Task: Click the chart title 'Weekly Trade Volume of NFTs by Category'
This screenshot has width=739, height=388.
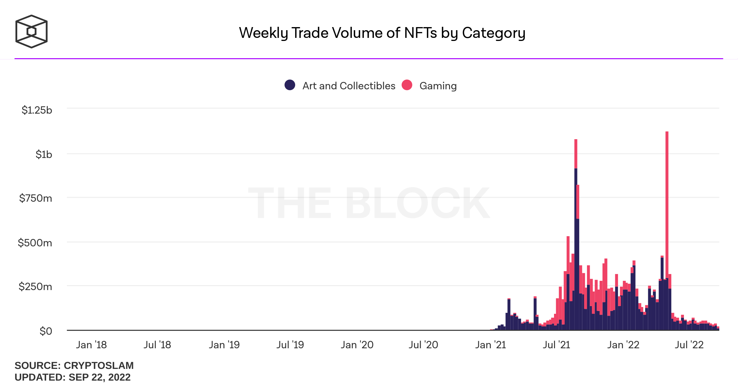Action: pyautogui.click(x=382, y=33)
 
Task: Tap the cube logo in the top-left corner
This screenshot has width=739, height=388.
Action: pyautogui.click(x=31, y=31)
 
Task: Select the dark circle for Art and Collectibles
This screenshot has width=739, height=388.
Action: pyautogui.click(x=290, y=85)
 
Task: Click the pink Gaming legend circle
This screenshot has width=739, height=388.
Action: pyautogui.click(x=407, y=85)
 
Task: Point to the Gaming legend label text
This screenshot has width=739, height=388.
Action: pyautogui.click(x=438, y=86)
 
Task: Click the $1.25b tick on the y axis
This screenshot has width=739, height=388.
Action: pyautogui.click(x=37, y=110)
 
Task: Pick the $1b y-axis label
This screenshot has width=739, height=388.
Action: pyautogui.click(x=44, y=154)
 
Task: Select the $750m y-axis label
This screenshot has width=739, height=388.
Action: pyautogui.click(x=36, y=198)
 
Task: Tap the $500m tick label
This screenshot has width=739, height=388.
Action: pyautogui.click(x=35, y=243)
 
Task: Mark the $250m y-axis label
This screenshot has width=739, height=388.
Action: pyautogui.click(x=35, y=287)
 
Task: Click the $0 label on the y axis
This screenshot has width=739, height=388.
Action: pyautogui.click(x=46, y=331)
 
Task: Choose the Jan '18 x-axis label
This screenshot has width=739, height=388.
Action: pyautogui.click(x=91, y=345)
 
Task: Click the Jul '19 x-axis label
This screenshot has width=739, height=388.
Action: pyautogui.click(x=290, y=345)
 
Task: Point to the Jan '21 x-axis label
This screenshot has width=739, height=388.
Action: pyautogui.click(x=491, y=345)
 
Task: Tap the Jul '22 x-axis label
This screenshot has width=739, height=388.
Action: pyautogui.click(x=689, y=345)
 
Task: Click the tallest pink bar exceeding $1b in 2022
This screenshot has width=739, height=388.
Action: pyautogui.click(x=667, y=200)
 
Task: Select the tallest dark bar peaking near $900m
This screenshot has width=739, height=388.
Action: pyautogui.click(x=576, y=246)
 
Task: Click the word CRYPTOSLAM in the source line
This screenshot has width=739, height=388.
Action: pyautogui.click(x=98, y=366)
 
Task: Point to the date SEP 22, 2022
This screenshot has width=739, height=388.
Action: pyautogui.click(x=99, y=377)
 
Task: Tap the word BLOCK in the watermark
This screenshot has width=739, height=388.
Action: pyautogui.click(x=417, y=203)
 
